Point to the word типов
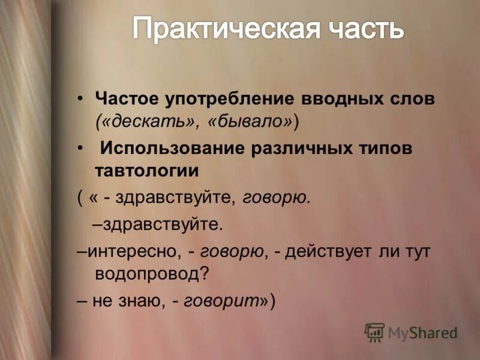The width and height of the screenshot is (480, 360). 386,148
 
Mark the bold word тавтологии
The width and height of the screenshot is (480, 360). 146,170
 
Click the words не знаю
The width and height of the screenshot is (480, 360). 125,301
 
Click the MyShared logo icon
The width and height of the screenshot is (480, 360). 374,332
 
